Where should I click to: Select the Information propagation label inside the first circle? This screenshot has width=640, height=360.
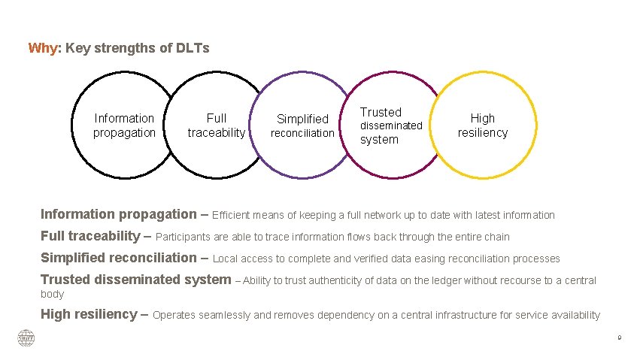[x=124, y=126]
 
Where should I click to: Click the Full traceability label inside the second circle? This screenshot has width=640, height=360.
[x=217, y=126]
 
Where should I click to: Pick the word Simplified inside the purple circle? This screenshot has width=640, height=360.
[x=303, y=119]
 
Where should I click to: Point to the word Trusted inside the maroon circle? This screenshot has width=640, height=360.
[x=381, y=112]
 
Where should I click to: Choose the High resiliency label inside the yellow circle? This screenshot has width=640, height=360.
[x=483, y=126]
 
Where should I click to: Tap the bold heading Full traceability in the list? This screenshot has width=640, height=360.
[x=89, y=236]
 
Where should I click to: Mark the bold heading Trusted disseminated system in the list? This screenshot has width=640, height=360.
[x=135, y=280]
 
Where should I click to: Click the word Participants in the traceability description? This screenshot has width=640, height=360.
[x=183, y=237]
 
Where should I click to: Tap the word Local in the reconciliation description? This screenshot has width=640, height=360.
[x=226, y=259]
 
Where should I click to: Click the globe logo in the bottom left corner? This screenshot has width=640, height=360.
[x=26, y=338]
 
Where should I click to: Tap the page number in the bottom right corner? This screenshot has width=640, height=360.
[x=619, y=338]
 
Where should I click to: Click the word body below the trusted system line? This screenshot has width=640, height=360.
[x=52, y=295]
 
